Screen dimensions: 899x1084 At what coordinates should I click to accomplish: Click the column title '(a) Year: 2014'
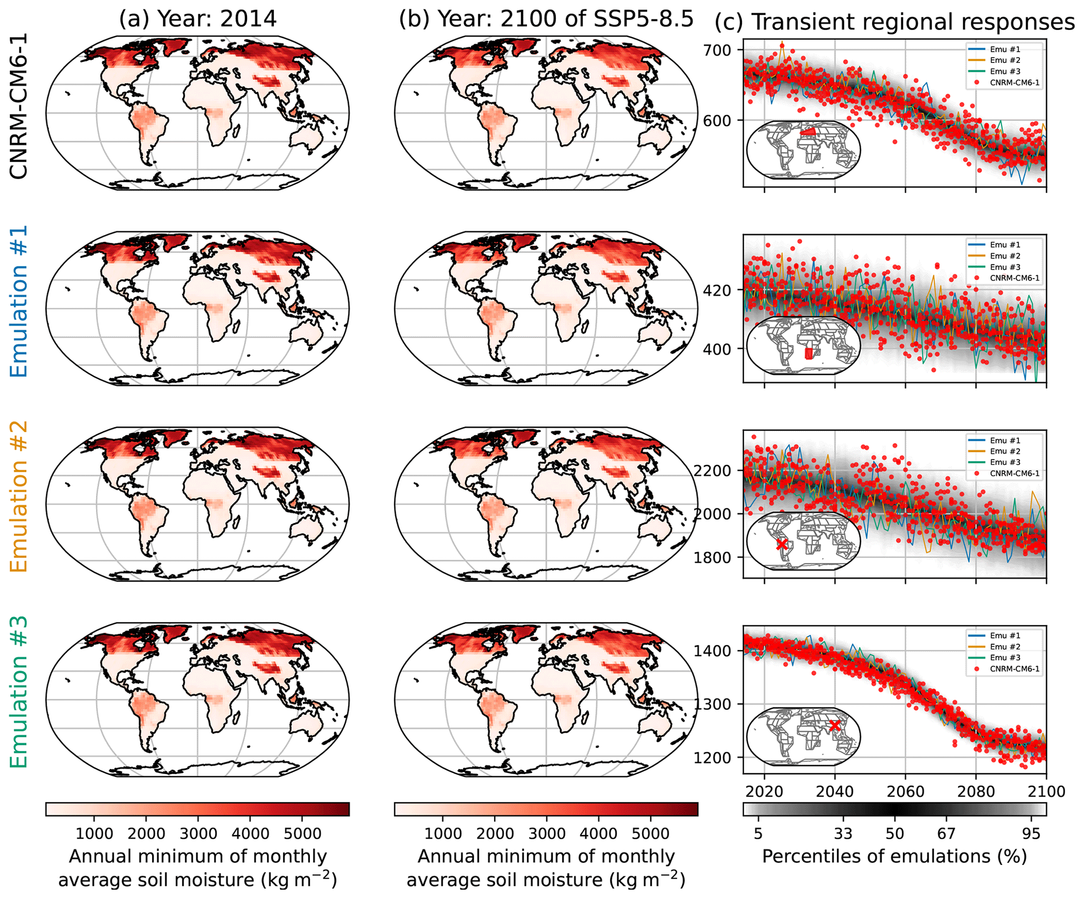[197, 19]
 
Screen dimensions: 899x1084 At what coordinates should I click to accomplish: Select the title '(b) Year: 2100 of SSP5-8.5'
[546, 19]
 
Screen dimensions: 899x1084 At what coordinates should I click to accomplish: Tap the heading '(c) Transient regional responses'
[895, 22]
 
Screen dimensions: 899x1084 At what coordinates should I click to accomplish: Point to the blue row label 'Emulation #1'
[19, 301]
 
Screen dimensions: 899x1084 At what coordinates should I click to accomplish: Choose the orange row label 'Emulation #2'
[19, 496]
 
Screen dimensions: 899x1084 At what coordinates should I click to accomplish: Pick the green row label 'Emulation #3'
[19, 692]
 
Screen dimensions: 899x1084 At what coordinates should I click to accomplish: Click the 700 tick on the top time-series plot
[719, 50]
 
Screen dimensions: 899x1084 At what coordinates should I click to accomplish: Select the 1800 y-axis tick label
[712, 558]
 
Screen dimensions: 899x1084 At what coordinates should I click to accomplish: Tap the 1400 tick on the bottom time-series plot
[712, 651]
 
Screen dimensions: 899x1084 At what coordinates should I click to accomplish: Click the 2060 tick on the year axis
[905, 791]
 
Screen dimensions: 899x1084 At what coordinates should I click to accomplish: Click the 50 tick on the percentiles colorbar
[895, 833]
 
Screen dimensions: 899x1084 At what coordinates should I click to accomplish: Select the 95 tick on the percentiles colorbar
[1031, 833]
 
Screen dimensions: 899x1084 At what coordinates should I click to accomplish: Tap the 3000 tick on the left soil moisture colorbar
[198, 833]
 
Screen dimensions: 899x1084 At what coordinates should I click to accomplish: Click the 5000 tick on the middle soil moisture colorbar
[650, 833]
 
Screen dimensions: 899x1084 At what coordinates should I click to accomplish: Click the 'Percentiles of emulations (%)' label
[894, 856]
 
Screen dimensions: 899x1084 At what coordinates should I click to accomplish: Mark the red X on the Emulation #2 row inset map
[781, 544]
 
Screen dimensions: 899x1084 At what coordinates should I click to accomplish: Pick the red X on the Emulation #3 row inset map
[834, 726]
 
